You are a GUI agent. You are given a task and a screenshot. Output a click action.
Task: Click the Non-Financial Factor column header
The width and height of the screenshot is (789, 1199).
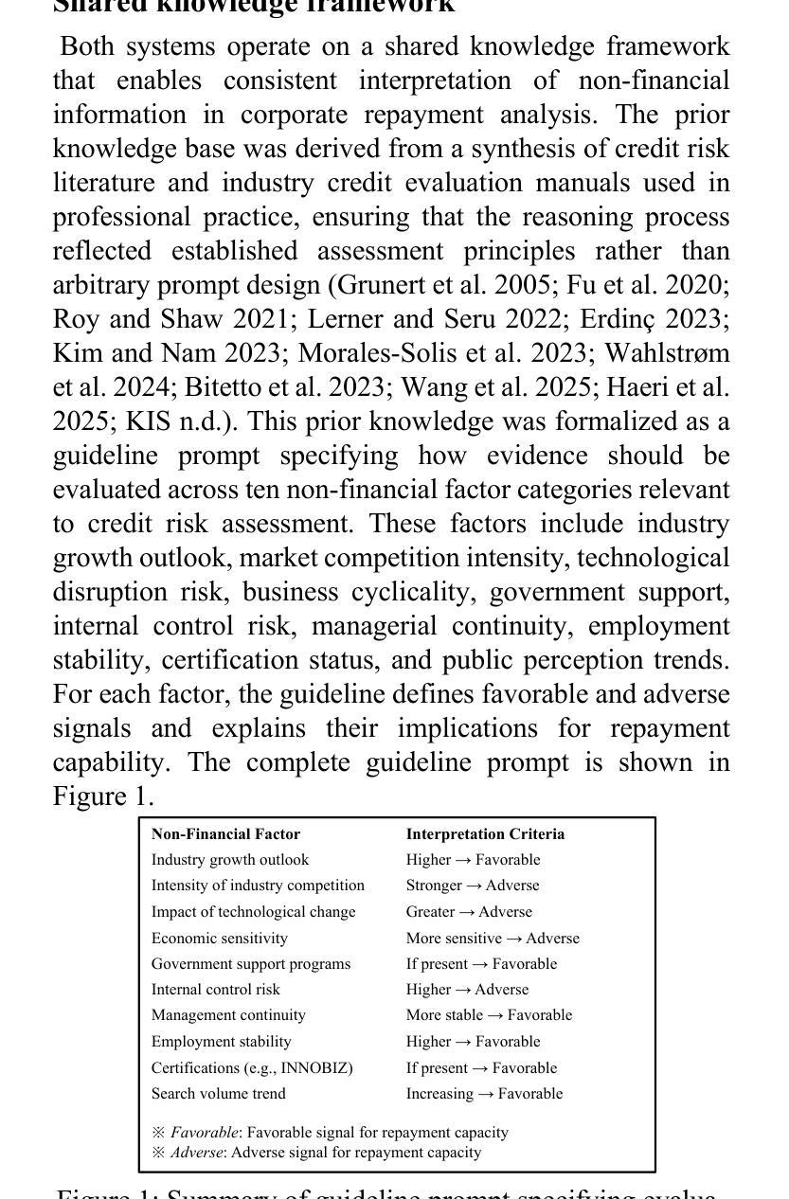[x=225, y=834]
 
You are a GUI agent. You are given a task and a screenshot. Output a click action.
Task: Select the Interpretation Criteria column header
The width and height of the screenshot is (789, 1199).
[x=485, y=834]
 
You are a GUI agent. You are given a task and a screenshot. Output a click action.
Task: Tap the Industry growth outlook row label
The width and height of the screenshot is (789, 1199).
[x=230, y=860]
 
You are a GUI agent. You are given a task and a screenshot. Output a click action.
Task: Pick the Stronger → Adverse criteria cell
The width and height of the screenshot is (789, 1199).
[x=473, y=886]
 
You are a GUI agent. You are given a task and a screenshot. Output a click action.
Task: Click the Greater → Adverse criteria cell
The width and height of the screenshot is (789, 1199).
[x=469, y=912]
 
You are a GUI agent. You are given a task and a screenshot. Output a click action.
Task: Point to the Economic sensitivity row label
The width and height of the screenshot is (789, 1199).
[x=220, y=939]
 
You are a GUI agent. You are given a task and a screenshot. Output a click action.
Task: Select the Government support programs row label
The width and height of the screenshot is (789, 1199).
[x=251, y=964]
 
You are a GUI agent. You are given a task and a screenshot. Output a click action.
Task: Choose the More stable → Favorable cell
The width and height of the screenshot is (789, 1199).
[x=489, y=1015]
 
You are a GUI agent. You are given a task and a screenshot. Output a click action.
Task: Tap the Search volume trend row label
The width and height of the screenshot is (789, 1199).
[x=219, y=1094]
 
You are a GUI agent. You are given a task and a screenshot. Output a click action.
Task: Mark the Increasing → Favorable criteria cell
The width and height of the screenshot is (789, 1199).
[x=484, y=1094]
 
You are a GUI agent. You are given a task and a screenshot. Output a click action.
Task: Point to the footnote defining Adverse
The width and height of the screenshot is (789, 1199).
[x=316, y=1153]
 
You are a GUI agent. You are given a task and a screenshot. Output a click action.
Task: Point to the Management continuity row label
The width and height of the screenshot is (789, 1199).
[x=228, y=1015]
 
